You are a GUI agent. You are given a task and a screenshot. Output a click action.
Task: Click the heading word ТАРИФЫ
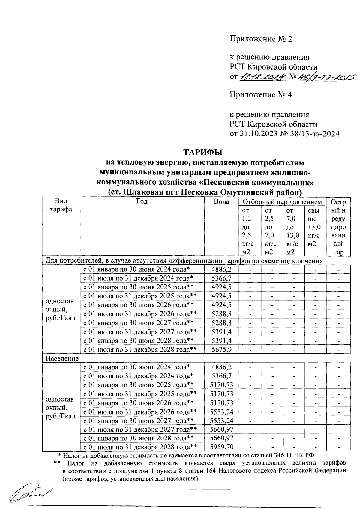point(203,152)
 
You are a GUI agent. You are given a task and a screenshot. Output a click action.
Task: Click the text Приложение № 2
point(261,39)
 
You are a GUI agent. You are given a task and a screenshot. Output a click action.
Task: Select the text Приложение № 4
point(261,95)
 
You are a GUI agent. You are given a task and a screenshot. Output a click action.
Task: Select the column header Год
point(142,201)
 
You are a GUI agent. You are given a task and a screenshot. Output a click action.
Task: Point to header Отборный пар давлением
point(282,202)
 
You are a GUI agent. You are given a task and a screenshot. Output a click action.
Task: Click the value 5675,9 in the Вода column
point(221,350)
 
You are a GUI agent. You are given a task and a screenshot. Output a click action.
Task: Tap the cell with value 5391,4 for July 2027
point(221,332)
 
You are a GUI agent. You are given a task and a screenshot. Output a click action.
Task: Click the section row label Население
point(62,359)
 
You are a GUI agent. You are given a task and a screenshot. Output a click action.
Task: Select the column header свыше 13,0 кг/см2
point(314,227)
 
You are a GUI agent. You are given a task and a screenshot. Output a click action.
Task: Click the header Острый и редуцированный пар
point(338,227)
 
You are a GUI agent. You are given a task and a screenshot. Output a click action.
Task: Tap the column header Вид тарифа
point(61,205)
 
